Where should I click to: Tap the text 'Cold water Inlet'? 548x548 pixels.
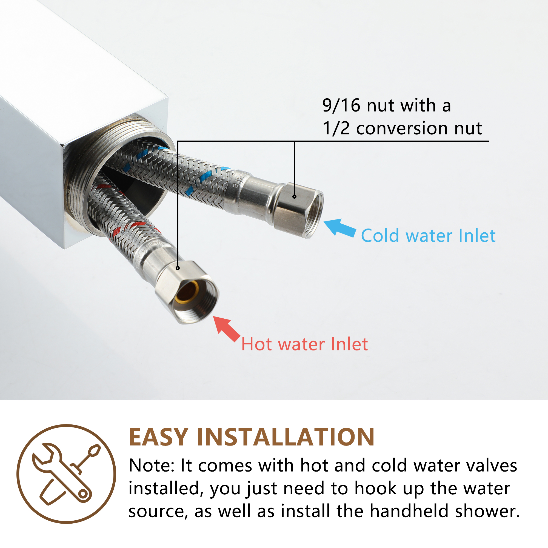pos(428,236)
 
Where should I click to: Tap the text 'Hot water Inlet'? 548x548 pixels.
pos(304,344)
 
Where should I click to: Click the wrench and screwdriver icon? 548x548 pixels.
pos(66,474)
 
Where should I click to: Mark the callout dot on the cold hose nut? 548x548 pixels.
pos(295,196)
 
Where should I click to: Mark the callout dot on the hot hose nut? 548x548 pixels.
pos(178,268)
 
